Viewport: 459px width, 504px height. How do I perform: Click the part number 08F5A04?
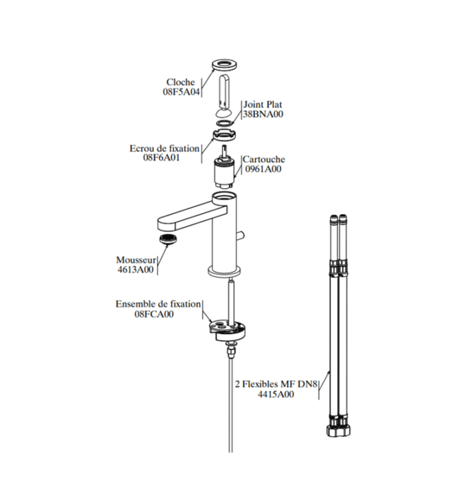[x=181, y=91]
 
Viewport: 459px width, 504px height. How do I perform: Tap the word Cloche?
[x=180, y=83]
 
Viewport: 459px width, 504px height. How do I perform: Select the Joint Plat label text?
[x=263, y=105]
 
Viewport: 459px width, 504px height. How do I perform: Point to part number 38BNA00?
[x=263, y=114]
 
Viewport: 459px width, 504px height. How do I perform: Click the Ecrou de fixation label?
[x=165, y=149]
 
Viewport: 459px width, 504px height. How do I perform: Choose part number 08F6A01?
[x=161, y=158]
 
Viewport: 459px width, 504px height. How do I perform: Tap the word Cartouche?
[x=264, y=159]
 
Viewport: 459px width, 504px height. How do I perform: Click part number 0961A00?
[x=263, y=169]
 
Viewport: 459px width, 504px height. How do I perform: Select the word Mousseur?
[x=136, y=260]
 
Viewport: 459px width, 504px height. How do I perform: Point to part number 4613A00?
[x=136, y=270]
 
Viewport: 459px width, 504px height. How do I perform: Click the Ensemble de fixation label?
[x=158, y=304]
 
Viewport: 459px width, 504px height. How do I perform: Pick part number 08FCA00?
[x=154, y=314]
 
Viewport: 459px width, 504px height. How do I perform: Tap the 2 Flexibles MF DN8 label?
[x=276, y=384]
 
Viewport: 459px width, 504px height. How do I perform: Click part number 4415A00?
[x=276, y=394]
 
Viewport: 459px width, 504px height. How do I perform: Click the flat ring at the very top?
[x=225, y=64]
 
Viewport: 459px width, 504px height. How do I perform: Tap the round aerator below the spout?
[x=168, y=239]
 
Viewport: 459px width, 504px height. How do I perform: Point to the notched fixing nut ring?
[x=225, y=134]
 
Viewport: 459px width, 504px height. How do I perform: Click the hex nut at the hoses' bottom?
[x=339, y=430]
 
